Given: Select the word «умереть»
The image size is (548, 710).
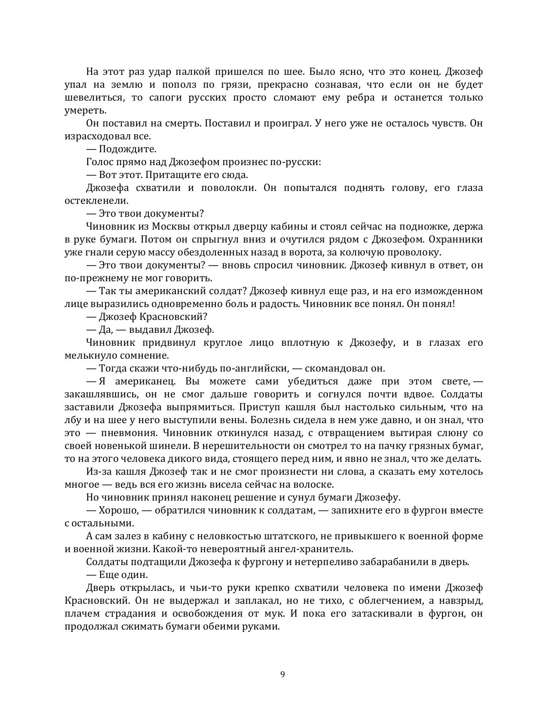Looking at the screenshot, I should (x=84, y=111).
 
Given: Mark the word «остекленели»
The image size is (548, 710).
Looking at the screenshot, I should (x=95, y=201).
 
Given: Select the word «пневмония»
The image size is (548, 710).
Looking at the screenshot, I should (x=125, y=433).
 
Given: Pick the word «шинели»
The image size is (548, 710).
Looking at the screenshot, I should (x=173, y=446).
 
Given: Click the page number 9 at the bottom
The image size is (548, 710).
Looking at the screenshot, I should (x=282, y=674).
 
